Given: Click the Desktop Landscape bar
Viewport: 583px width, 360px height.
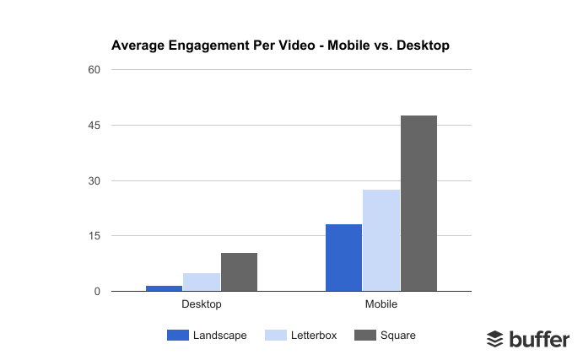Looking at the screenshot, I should pos(164,288).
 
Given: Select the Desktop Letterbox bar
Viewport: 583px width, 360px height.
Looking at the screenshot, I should pos(202,282).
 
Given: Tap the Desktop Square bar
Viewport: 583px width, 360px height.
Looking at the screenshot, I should pos(239,272).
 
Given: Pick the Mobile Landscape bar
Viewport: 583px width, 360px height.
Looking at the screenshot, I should pos(343,258).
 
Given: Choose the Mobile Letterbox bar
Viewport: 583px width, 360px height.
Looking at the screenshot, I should pos(381,240).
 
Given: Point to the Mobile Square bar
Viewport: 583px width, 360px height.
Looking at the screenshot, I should pos(418,203).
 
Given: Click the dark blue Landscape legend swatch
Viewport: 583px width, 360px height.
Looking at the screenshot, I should pos(178,336).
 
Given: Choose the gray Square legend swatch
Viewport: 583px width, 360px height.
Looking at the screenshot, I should pos(364,336).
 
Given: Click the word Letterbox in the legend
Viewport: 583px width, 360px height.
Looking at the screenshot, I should pos(314,336).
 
